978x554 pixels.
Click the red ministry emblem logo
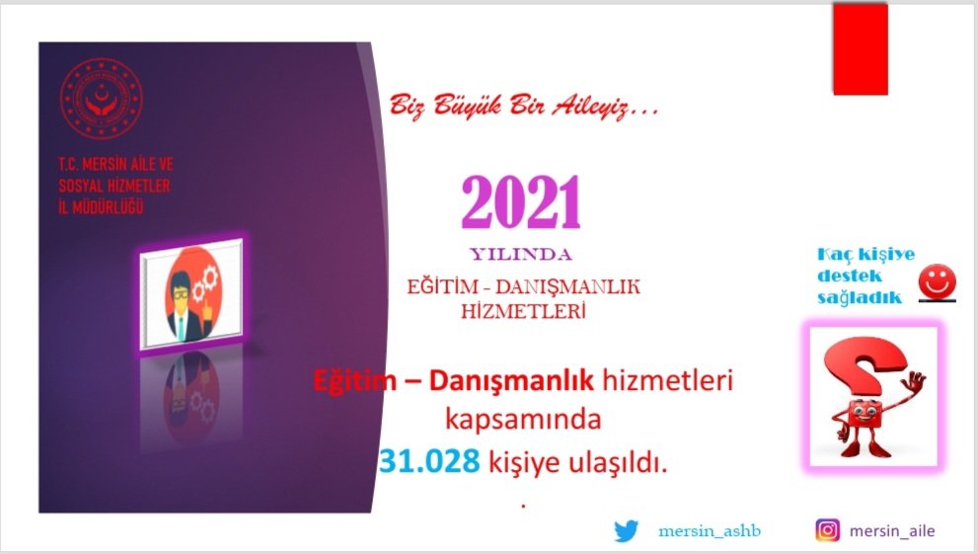(101, 99)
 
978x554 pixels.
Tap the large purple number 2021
(521, 202)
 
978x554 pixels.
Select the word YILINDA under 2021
(521, 255)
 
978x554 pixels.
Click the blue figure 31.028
(429, 461)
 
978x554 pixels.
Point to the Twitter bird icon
(627, 531)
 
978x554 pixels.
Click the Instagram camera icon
(828, 530)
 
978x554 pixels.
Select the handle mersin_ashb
(710, 531)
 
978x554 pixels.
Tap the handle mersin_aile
(892, 531)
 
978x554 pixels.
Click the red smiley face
(937, 281)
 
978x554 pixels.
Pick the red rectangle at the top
(861, 48)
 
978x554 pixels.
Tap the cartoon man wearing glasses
(186, 306)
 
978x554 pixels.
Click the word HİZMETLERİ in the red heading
(523, 311)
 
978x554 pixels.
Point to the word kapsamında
(523, 421)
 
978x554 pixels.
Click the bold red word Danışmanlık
(511, 380)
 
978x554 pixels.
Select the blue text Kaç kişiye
(865, 254)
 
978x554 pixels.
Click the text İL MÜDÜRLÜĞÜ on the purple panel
(101, 206)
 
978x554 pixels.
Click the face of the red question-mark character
(864, 412)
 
